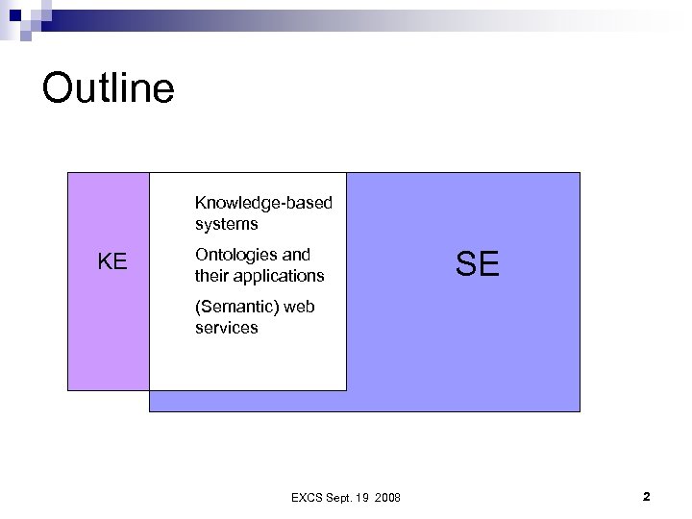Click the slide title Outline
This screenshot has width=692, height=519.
(109, 88)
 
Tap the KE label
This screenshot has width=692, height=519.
(113, 260)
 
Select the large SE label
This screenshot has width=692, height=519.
(478, 263)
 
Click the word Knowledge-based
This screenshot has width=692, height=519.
(263, 203)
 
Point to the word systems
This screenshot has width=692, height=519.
(227, 224)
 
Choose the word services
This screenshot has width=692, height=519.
(227, 328)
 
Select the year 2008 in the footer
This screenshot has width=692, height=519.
(389, 497)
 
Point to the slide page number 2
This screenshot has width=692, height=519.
(646, 497)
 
